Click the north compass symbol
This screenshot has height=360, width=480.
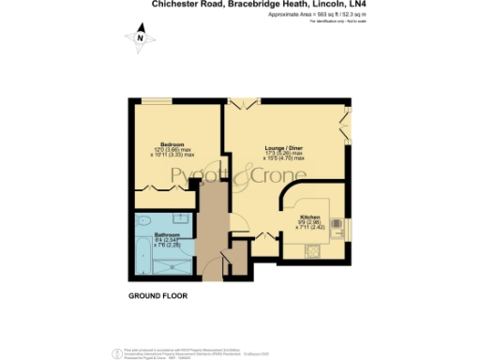click(140, 37)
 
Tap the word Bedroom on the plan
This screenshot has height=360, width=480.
click(158, 143)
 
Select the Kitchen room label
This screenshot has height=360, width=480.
click(311, 217)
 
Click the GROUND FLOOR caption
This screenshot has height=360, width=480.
click(157, 295)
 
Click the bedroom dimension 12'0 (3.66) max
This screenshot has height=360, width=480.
click(159, 150)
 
